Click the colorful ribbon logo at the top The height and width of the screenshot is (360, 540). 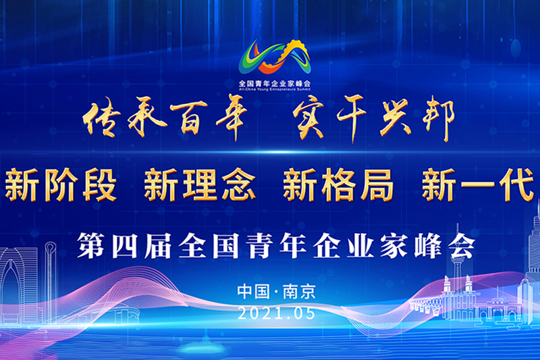coord(275,57)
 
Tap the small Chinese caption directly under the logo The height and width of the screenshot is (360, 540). coord(275,83)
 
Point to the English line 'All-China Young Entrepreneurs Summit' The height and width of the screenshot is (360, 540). coord(275,89)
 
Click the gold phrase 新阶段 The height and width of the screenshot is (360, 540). coord(61,184)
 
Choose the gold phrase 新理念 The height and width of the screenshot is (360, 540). coord(200,184)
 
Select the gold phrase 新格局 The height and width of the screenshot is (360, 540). coord(338,184)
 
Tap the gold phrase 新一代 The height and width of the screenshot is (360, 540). coord(478,184)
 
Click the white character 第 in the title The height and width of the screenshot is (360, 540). coord(91,245)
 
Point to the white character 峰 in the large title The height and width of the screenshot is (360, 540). coord(428,245)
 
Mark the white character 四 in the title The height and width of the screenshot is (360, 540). coord(125,246)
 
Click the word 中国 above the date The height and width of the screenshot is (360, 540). coord(254,292)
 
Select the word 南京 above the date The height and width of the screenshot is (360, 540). coord(298,292)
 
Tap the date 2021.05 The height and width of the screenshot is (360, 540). coord(277,313)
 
